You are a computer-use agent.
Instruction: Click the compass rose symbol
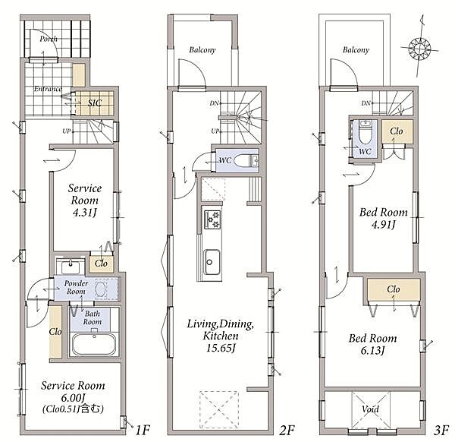click(419, 49)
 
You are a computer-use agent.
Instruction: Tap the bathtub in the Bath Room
click(94, 344)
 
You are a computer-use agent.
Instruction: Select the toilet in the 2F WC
click(246, 160)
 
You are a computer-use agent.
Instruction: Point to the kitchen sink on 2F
click(212, 262)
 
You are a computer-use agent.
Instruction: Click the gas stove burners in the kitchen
click(212, 219)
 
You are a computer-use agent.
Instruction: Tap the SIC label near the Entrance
click(95, 103)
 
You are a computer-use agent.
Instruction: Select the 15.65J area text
click(221, 348)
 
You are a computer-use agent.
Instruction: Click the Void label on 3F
click(370, 409)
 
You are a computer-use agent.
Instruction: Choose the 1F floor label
click(143, 430)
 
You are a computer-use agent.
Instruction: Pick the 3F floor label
click(441, 430)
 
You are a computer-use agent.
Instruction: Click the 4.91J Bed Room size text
click(384, 224)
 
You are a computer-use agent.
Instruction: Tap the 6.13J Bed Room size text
click(372, 350)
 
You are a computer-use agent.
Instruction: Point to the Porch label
click(49, 39)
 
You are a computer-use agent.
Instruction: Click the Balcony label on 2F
click(202, 50)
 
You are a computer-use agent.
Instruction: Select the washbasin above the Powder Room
click(71, 266)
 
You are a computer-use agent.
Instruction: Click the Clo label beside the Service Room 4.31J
click(101, 264)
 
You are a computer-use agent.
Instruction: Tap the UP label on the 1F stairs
click(67, 131)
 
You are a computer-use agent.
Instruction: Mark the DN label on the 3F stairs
click(366, 103)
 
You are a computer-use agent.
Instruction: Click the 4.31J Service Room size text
click(84, 213)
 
